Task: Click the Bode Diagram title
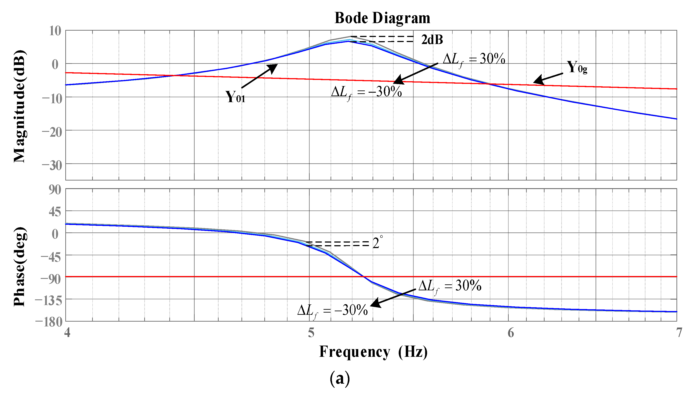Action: [382, 18]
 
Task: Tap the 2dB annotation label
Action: [432, 40]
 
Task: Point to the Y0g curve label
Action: [577, 67]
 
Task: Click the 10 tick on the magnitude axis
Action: [55, 31]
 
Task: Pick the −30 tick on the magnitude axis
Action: [52, 165]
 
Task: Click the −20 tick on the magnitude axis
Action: [52, 132]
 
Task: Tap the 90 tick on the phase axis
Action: [55, 190]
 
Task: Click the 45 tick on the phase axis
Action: [55, 212]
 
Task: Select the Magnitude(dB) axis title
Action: [20, 106]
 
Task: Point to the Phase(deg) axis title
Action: [20, 267]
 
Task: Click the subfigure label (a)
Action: [340, 378]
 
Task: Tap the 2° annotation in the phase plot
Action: [377, 243]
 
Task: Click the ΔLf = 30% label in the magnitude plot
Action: [474, 59]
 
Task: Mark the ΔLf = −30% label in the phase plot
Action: [332, 310]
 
